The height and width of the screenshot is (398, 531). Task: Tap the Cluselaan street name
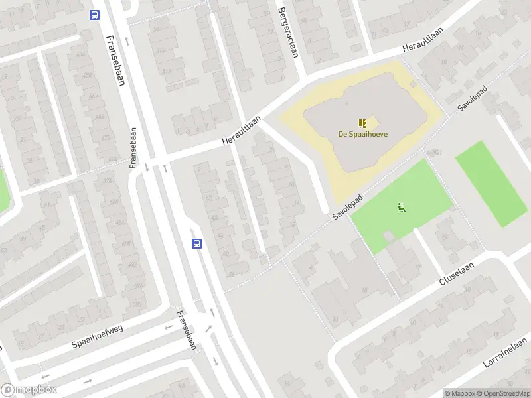457,272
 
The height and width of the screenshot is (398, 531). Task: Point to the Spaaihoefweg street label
99,336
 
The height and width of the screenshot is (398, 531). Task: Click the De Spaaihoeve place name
363,134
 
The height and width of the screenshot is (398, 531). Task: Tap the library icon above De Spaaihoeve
363,123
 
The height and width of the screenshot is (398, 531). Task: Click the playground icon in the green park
402,208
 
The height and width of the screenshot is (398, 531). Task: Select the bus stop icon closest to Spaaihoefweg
196,243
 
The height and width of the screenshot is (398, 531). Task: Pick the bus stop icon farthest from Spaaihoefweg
94,15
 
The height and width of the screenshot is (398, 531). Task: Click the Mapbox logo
29,390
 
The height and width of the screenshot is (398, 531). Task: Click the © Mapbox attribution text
461,393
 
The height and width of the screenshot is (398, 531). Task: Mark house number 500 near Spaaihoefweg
137,304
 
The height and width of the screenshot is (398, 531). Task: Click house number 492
133,265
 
